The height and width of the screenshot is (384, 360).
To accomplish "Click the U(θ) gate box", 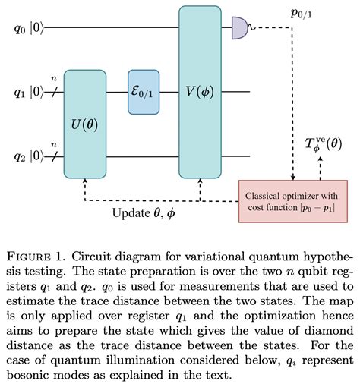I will coord(88,122).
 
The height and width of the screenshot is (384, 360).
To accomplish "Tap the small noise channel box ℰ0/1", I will coord(144,92).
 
